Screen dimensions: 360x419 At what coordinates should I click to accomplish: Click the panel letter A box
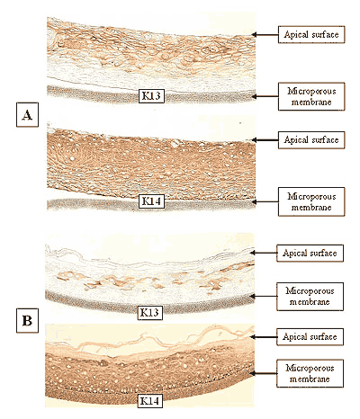point(27,115)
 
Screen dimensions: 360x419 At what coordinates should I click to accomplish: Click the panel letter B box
point(27,320)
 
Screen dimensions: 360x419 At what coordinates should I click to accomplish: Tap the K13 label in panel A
point(151,96)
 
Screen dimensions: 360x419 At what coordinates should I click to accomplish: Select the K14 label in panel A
point(151,201)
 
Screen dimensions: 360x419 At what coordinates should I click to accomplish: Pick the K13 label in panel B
point(149,313)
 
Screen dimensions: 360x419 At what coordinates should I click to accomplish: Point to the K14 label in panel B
point(149,401)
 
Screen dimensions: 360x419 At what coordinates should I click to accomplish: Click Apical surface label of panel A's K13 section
point(311,34)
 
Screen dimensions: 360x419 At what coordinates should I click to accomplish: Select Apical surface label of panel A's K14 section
point(311,140)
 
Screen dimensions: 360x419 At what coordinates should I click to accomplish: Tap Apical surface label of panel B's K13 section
point(310,254)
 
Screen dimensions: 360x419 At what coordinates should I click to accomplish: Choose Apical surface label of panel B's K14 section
point(310,337)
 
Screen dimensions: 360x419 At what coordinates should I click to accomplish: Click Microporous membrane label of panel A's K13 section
point(311,96)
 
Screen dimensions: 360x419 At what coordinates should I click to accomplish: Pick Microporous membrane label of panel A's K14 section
point(311,201)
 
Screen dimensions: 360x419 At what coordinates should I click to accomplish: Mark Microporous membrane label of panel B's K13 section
point(310,297)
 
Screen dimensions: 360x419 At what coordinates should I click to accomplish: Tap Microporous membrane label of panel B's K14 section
point(310,373)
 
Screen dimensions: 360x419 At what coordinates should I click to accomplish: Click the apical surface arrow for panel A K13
point(265,34)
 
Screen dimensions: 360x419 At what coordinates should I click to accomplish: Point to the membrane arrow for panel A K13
point(265,96)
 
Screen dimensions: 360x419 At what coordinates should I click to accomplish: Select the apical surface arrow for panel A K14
point(265,140)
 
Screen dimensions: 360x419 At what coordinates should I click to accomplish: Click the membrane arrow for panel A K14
point(265,201)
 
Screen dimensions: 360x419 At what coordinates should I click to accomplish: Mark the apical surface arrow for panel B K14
point(264,337)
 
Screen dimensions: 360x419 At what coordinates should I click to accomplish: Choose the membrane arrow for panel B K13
point(264,296)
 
